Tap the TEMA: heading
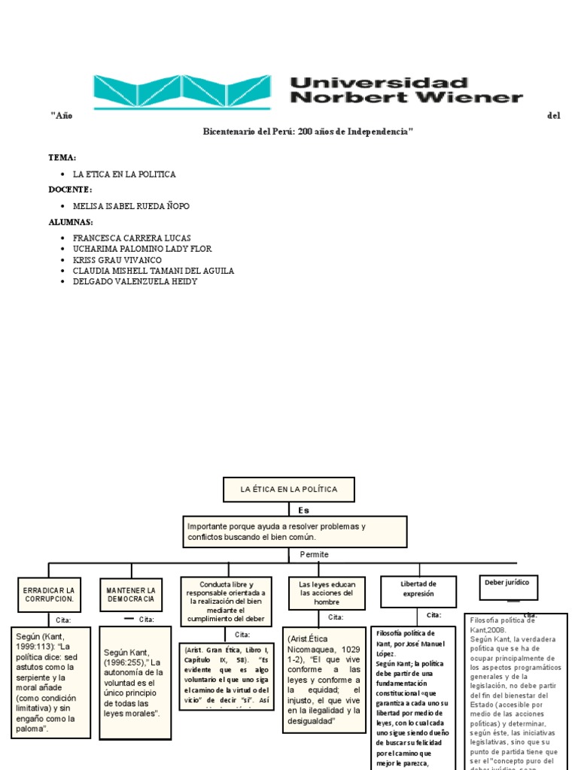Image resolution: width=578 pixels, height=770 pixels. (62, 157)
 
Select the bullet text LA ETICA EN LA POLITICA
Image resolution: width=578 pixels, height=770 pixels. (124, 174)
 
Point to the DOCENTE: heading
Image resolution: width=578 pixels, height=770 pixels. (71, 189)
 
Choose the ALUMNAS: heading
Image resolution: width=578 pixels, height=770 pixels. (71, 222)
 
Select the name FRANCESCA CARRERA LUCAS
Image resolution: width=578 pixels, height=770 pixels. (132, 238)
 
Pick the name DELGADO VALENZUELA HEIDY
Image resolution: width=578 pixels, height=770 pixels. (135, 281)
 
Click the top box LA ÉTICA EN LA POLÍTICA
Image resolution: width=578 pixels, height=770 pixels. (289, 490)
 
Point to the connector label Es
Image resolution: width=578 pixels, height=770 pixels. (303, 510)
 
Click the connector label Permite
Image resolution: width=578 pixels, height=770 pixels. (315, 554)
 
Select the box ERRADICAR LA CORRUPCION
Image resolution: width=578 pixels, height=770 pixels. (48, 594)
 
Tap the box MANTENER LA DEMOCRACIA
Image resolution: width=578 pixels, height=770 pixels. (131, 594)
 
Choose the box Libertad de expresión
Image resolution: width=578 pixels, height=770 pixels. (418, 589)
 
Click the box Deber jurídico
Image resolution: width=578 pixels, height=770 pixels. (507, 582)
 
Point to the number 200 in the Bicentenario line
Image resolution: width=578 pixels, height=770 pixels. (305, 132)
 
